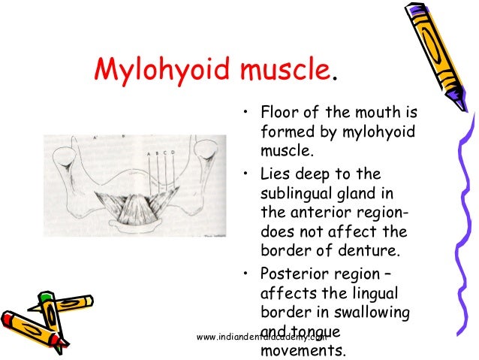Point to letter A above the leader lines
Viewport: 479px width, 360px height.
click(149, 153)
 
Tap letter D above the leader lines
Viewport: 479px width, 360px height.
click(173, 153)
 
